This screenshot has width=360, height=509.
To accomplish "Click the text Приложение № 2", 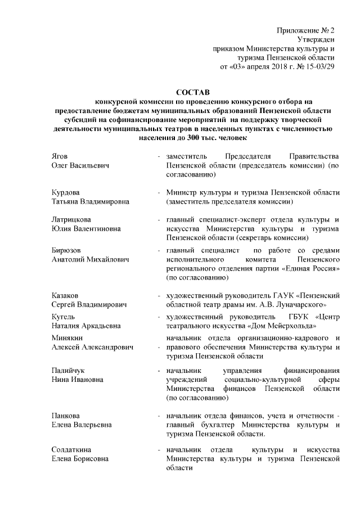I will coord(306,30).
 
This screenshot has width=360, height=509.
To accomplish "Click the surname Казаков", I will coord(65,295).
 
